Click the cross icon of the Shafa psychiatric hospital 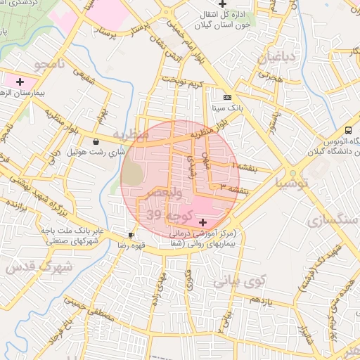coord(203,222)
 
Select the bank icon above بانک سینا coord(226,97)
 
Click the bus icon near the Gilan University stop coord(349,130)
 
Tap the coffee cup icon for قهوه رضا coord(131,235)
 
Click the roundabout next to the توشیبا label coord(291,172)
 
